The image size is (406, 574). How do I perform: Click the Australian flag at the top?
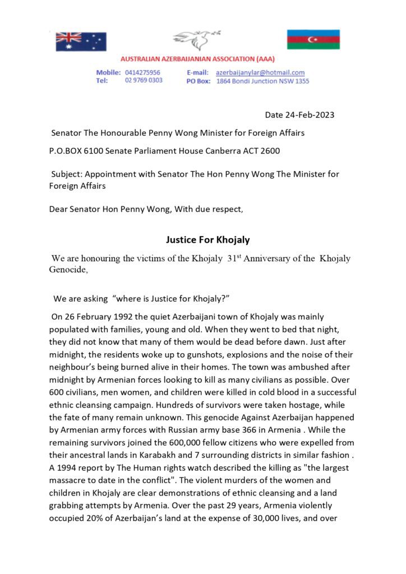pos(81,41)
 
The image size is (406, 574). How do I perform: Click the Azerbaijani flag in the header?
pos(313,39)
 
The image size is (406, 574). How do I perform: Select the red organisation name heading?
pos(197,59)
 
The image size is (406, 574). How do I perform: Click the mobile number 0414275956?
pos(142,72)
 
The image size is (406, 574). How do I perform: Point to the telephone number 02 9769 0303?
pos(144,81)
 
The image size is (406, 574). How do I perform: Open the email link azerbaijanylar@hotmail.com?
pos(260,72)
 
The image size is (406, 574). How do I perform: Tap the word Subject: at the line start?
pos(68,174)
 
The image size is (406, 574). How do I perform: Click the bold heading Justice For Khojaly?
pos(207,239)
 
